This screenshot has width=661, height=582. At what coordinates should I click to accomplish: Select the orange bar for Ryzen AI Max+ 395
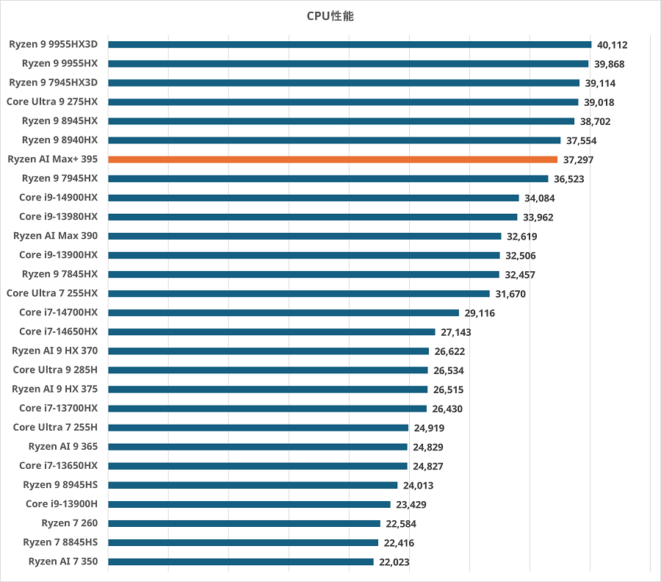click(x=332, y=159)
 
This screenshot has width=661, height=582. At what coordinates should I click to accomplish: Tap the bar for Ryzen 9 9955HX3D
click(x=349, y=44)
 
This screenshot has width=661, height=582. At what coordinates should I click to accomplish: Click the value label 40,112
click(x=612, y=45)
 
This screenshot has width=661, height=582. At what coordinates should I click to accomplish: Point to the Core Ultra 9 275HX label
click(x=52, y=101)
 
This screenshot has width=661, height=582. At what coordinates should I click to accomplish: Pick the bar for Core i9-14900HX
click(x=313, y=198)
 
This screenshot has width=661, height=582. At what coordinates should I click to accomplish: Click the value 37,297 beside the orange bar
click(x=578, y=159)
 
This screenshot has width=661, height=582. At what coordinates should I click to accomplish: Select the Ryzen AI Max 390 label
click(x=55, y=236)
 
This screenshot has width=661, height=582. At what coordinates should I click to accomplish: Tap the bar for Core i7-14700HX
click(x=283, y=312)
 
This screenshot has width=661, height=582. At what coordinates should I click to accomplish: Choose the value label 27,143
click(x=456, y=332)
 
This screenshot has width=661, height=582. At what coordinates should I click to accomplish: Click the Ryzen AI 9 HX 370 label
click(x=54, y=351)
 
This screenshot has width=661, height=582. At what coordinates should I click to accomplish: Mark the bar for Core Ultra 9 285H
click(x=267, y=370)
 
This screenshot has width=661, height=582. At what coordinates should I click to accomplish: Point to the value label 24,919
click(x=429, y=428)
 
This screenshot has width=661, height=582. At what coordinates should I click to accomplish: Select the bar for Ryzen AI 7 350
click(x=240, y=561)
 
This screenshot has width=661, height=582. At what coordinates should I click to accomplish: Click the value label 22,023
click(x=394, y=562)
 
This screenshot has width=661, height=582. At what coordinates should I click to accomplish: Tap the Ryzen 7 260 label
click(x=70, y=523)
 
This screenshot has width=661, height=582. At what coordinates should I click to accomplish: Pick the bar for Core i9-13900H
click(x=249, y=504)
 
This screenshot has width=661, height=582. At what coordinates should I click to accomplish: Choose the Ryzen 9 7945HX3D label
click(x=54, y=82)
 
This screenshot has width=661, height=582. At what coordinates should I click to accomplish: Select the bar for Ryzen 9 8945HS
click(x=252, y=485)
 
